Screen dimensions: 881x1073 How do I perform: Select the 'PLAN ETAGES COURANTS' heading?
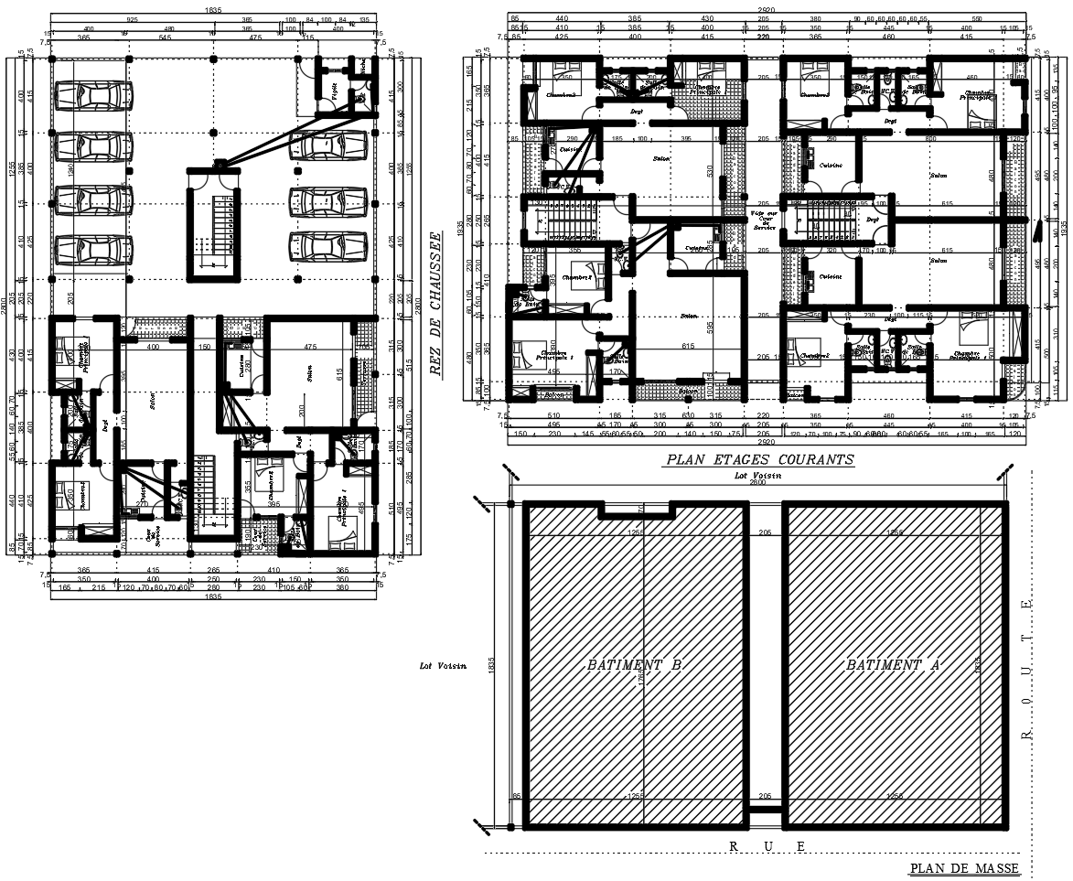[759, 459]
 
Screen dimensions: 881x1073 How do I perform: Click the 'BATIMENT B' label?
[634, 665]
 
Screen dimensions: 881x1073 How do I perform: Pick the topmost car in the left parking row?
[91, 95]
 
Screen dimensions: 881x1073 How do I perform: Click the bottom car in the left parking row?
[91, 249]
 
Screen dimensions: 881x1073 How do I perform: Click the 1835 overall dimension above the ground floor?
[212, 8]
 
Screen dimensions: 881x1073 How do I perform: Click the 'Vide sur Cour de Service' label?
[764, 220]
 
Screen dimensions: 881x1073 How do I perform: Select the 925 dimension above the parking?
[133, 18]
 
